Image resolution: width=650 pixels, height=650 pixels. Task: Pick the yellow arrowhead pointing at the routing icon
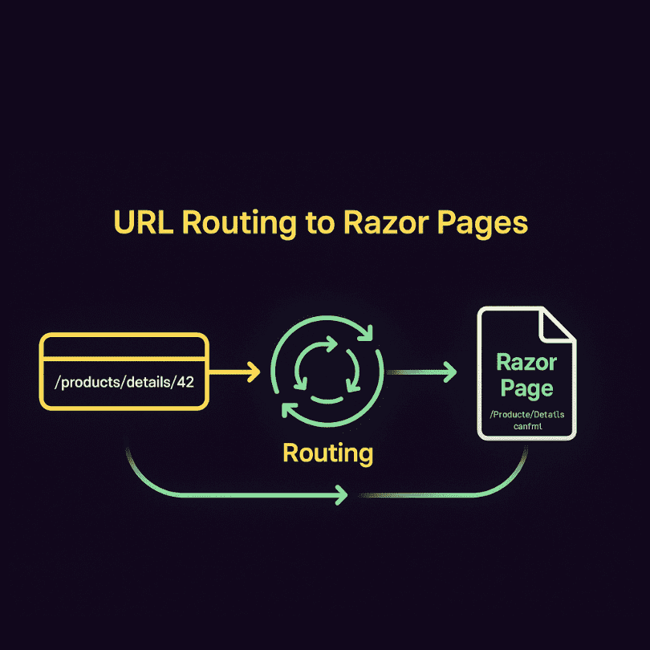coord(254,372)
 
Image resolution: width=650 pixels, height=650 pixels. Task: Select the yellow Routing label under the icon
coord(327,453)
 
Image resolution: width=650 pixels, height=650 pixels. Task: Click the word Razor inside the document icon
coord(526,362)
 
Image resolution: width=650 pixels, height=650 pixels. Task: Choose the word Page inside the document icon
coord(526,388)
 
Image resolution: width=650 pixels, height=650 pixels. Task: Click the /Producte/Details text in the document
coord(526,414)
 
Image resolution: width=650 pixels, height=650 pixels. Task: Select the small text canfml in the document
coord(526,428)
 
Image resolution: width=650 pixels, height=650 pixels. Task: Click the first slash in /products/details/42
coord(57,382)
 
